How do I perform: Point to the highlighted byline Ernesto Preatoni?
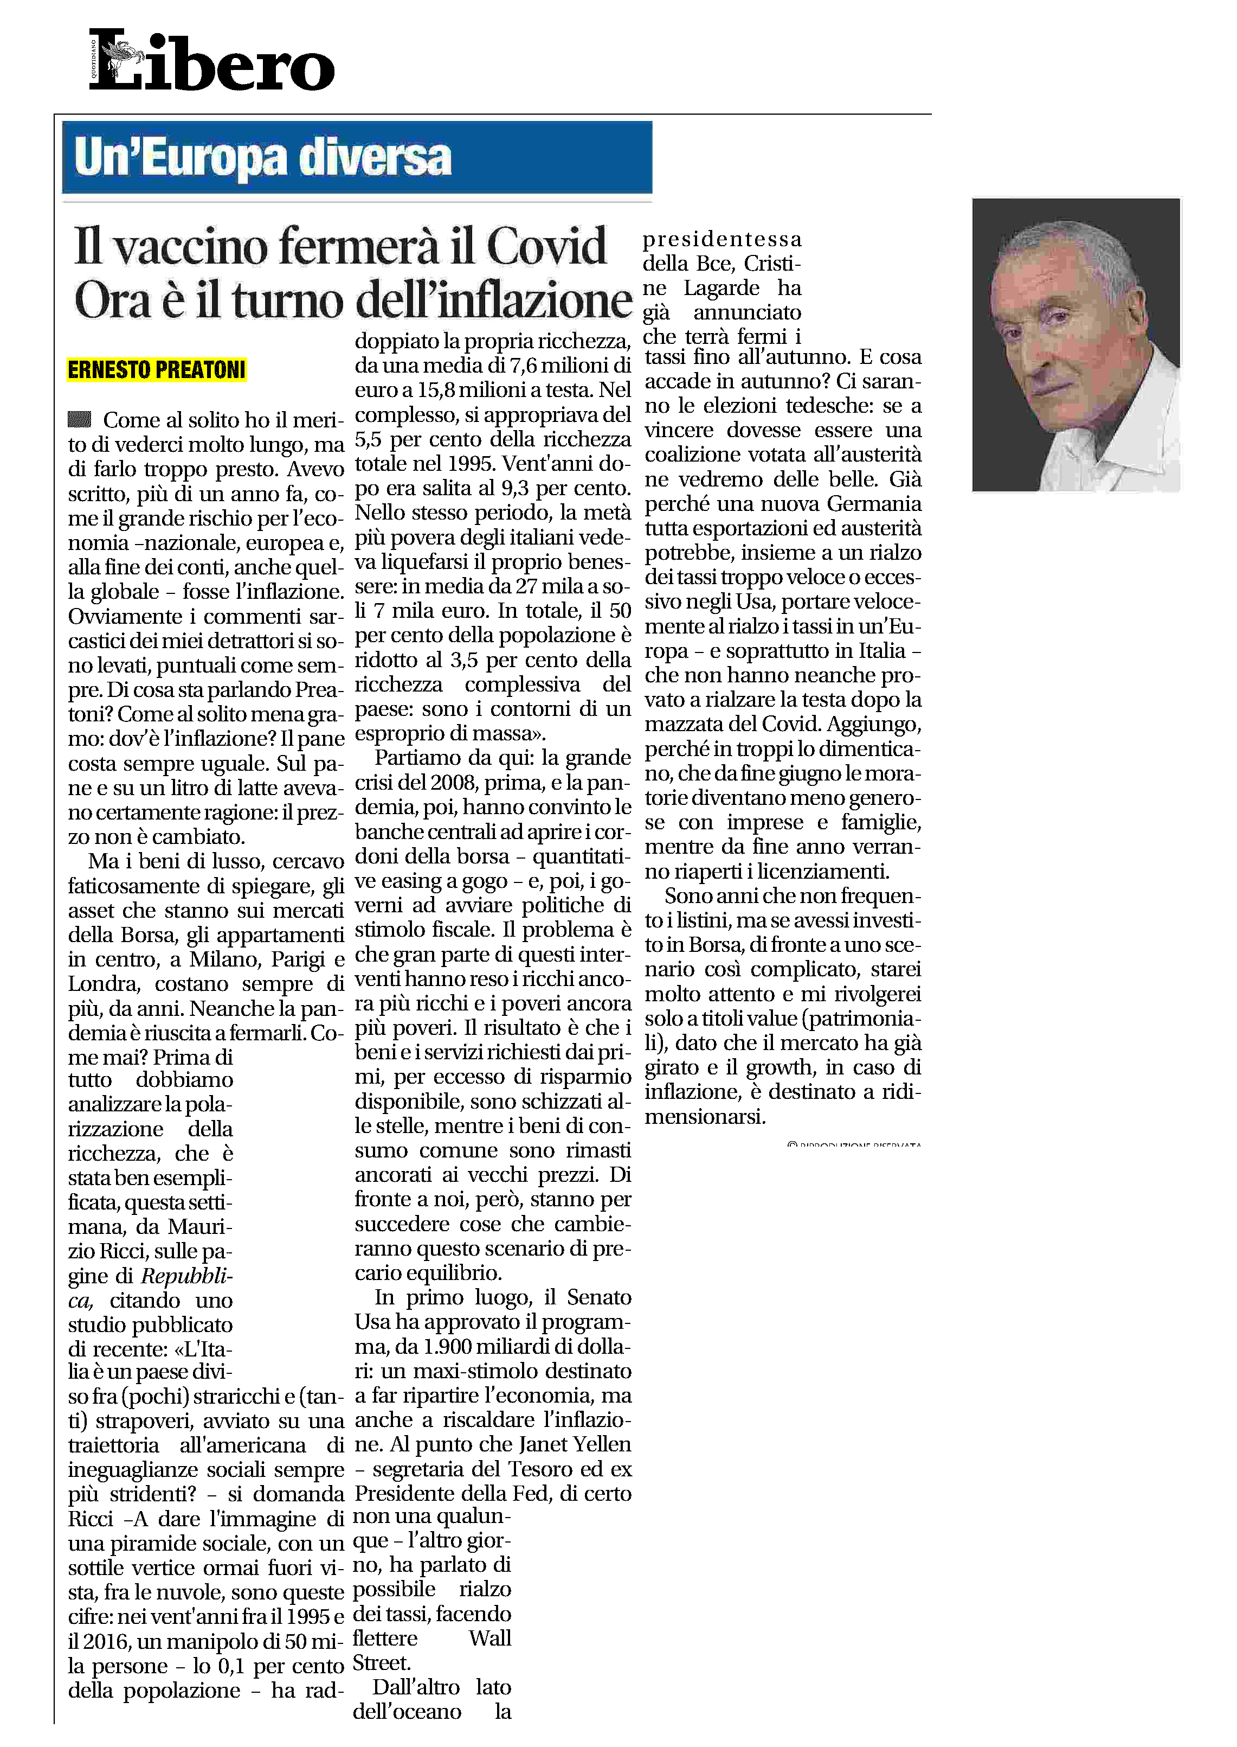tap(156, 370)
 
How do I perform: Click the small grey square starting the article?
tap(79, 419)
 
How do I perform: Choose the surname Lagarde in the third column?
tap(721, 288)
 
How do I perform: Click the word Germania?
tap(874, 504)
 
